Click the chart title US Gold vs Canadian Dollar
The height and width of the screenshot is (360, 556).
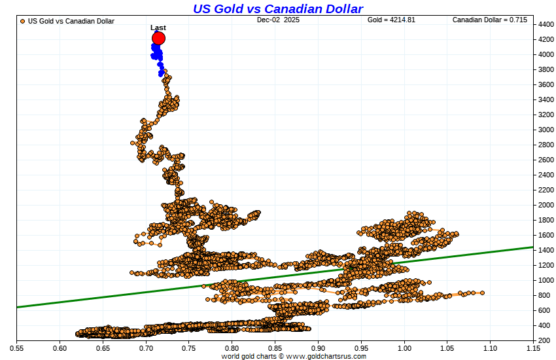coord(278,9)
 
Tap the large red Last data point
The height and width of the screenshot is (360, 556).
coord(158,39)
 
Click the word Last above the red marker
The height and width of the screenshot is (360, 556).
coord(158,27)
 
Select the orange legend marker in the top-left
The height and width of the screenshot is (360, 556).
coord(23,21)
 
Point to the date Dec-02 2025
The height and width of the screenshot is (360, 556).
coord(278,20)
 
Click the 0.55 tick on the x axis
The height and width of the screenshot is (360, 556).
coord(16,348)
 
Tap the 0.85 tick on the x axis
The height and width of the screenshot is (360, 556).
coord(275,348)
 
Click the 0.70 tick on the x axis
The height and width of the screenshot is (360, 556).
coord(146,348)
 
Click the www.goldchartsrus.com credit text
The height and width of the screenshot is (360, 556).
coord(326,356)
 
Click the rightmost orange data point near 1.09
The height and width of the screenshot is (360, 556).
coord(483,293)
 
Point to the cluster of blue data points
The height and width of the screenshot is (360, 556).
coord(157,55)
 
